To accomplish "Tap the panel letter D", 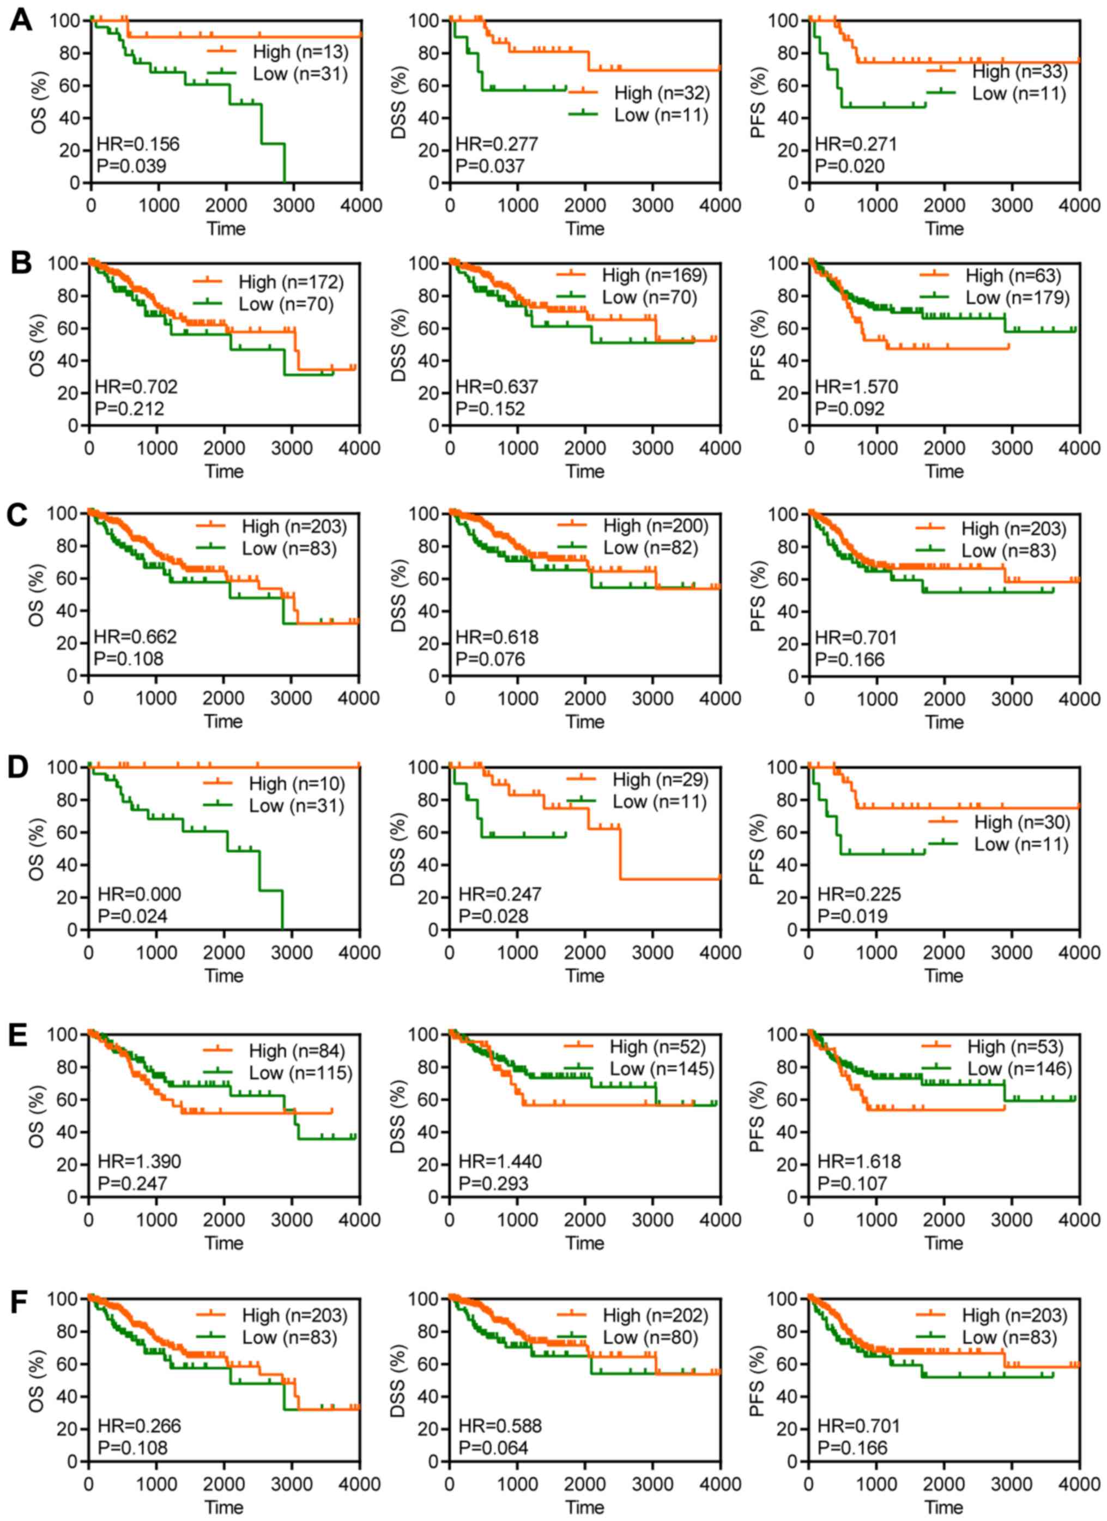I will pos(18,766).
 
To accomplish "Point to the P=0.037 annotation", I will pos(490,166).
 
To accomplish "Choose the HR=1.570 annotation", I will pos(856,387).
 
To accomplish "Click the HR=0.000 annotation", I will pos(140,895).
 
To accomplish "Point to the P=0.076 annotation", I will pos(490,659).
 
